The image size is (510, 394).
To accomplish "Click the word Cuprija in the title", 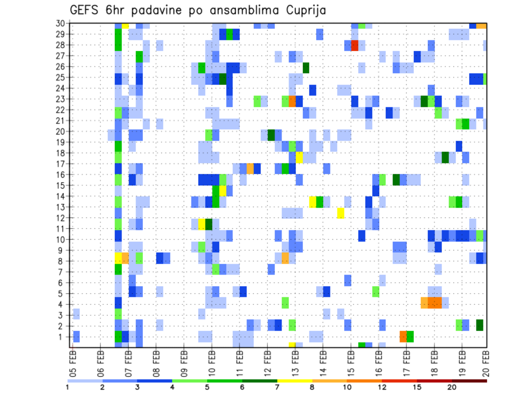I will click(x=303, y=10).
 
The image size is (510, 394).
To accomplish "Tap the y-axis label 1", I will click(x=62, y=336).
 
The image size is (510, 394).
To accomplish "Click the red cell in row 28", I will click(x=355, y=45).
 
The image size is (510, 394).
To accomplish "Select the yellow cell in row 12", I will click(x=341, y=212).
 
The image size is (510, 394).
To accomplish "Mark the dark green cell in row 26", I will click(x=306, y=67).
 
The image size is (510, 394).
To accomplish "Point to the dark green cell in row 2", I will click(x=480, y=324).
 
